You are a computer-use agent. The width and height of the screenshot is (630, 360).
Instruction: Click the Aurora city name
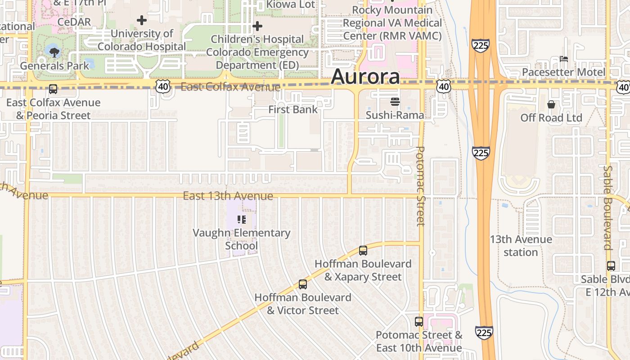pos(365,77)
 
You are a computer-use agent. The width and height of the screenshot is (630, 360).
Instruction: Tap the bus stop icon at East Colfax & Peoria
pos(53,89)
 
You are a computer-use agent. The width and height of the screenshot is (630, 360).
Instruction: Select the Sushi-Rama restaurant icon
pos(395,102)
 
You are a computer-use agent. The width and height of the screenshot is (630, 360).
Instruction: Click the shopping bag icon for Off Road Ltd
pos(551,105)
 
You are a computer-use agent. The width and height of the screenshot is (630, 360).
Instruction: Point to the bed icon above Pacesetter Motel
pos(563,58)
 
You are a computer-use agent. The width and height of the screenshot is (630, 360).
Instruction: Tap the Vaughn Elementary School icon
pos(242,220)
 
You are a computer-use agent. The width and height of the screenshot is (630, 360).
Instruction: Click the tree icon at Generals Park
pos(54,53)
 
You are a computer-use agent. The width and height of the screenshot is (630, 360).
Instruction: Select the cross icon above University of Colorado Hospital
pos(142,20)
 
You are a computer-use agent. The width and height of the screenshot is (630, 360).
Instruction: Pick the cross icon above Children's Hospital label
pos(257,26)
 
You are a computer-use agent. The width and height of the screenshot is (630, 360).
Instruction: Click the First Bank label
pos(293,109)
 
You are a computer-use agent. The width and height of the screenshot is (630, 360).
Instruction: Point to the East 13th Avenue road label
pos(228,196)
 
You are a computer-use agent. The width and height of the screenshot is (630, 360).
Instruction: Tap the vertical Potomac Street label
pos(420,186)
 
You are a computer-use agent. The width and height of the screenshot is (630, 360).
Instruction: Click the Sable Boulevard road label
pos(607,207)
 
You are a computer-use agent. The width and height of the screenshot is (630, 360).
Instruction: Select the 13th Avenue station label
pos(521,246)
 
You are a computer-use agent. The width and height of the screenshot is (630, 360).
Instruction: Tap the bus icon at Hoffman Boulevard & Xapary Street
pos(363,251)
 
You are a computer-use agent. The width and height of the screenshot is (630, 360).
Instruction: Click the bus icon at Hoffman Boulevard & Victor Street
pos(303,284)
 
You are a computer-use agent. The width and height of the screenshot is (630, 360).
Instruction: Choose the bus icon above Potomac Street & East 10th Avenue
pos(419,322)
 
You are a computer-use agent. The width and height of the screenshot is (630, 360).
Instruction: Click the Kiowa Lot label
pos(290,4)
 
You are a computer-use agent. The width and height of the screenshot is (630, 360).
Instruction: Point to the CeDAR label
pos(74,22)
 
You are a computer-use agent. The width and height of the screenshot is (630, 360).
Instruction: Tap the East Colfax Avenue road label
pos(230,87)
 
